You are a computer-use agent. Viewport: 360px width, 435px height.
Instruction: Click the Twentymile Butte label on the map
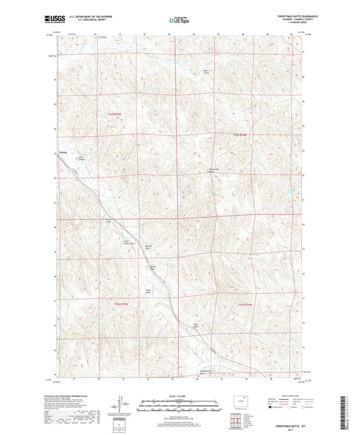[213, 172]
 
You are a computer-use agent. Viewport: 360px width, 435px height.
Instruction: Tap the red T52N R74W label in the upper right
[240, 135]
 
